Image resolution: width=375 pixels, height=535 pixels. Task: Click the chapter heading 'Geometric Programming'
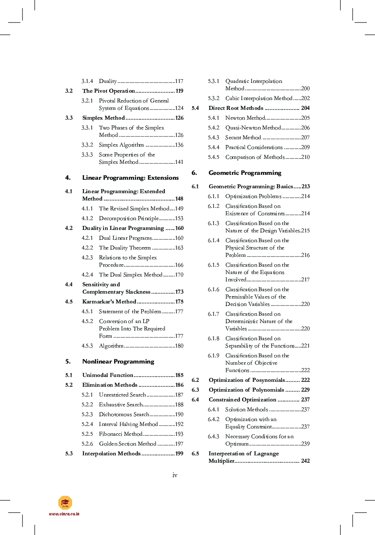pyautogui.click(x=245, y=173)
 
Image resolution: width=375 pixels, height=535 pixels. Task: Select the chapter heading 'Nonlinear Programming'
pyautogui.click(x=118, y=361)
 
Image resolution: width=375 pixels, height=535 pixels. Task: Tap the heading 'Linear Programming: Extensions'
pyautogui.click(x=130, y=178)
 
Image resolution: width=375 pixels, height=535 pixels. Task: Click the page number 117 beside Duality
pyautogui.click(x=179, y=81)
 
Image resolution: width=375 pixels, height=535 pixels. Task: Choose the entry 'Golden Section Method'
pyautogui.click(x=128, y=444)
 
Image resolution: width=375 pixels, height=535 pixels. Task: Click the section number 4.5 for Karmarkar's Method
pyautogui.click(x=69, y=302)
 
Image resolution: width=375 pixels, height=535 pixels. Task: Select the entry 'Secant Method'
pyautogui.click(x=243, y=138)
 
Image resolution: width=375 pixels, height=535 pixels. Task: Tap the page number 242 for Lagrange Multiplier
pyautogui.click(x=305, y=461)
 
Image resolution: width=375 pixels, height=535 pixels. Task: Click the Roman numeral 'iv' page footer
pyautogui.click(x=175, y=475)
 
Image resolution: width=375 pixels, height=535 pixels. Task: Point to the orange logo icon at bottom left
pyautogui.click(x=65, y=502)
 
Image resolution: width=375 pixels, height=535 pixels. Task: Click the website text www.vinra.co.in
pyautogui.click(x=64, y=514)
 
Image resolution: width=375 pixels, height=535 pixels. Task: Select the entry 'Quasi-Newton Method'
pyautogui.click(x=253, y=128)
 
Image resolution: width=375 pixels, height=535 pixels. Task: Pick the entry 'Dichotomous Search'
pyautogui.click(x=124, y=415)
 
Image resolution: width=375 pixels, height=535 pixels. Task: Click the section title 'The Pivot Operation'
pyautogui.click(x=108, y=91)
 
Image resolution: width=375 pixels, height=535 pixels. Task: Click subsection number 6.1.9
pyautogui.click(x=213, y=356)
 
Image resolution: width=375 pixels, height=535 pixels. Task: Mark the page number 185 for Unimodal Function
pyautogui.click(x=179, y=375)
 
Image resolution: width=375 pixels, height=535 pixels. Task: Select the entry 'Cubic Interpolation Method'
pyautogui.click(x=259, y=98)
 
